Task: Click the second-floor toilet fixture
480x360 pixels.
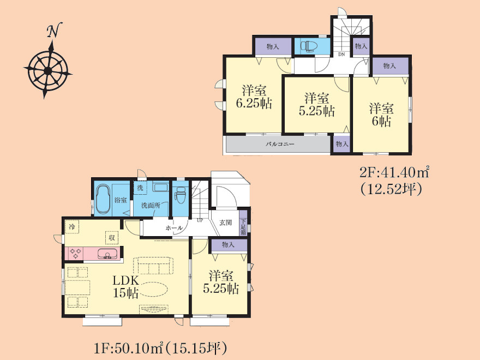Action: pyautogui.click(x=309, y=46)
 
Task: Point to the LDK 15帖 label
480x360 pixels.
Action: pyautogui.click(x=125, y=286)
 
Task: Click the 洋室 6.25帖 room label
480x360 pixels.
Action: pyautogui.click(x=254, y=97)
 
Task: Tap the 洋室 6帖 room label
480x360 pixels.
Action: pyautogui.click(x=381, y=115)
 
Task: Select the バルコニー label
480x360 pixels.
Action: pyautogui.click(x=279, y=143)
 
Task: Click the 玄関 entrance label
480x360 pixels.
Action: pyautogui.click(x=226, y=223)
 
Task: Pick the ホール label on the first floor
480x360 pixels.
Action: pyautogui.click(x=174, y=228)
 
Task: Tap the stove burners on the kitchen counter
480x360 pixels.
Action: pyautogui.click(x=75, y=254)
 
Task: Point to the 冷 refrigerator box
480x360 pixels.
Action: pyautogui.click(x=72, y=227)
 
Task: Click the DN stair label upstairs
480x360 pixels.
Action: pyautogui.click(x=341, y=55)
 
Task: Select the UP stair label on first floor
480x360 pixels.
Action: pyautogui.click(x=200, y=220)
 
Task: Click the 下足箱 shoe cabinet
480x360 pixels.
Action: pyautogui.click(x=243, y=226)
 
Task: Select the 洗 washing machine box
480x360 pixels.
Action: pyautogui.click(x=140, y=188)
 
